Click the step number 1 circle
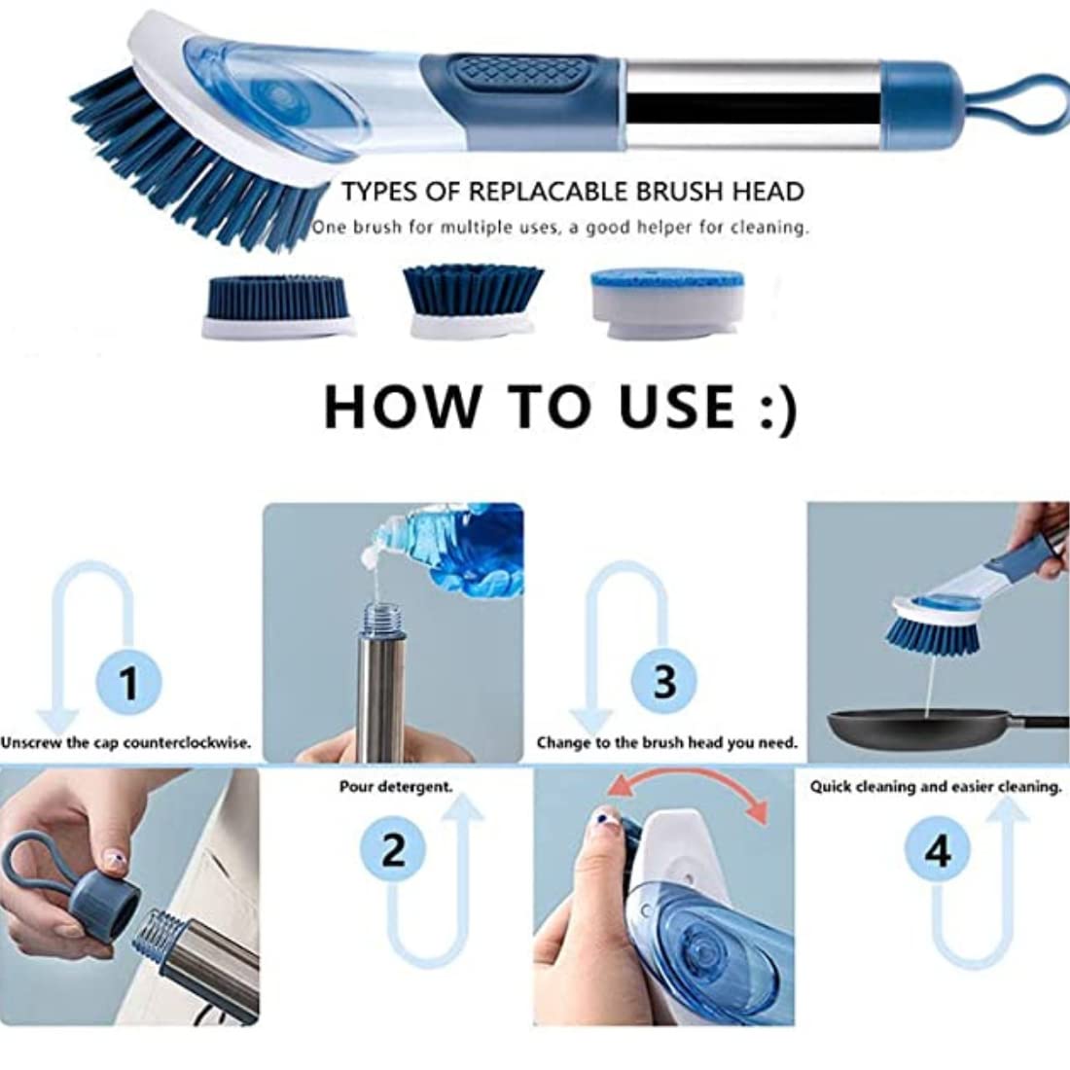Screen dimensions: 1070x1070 click(129, 682)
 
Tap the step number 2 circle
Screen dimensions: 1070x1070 click(393, 850)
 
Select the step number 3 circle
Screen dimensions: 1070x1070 click(664, 682)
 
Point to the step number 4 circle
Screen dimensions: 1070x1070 click(938, 850)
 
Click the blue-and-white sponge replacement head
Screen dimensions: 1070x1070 click(666, 303)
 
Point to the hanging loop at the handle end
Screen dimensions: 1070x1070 click(1023, 104)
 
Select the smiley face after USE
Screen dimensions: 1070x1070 click(778, 409)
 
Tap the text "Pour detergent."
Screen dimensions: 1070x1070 click(396, 787)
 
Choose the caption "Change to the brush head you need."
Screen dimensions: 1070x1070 click(666, 742)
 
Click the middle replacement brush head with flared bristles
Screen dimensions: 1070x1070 click(473, 301)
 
